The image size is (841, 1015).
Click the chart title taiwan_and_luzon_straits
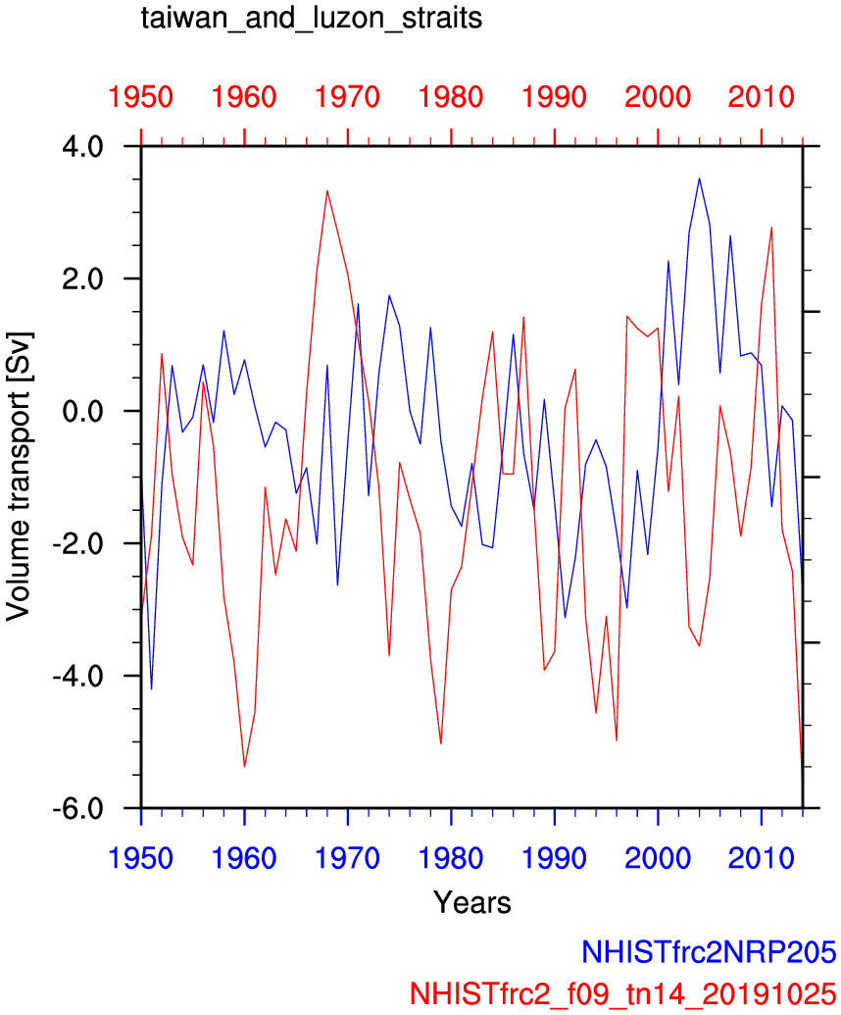tap(312, 19)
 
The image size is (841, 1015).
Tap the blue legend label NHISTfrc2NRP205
tap(709, 951)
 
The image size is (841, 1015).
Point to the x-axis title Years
tap(471, 901)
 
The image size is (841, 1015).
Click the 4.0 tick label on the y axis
tap(90, 147)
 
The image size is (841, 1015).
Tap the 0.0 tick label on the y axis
tap(90, 412)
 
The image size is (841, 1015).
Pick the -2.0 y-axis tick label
tap(86, 544)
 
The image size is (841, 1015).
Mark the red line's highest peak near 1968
tap(327, 190)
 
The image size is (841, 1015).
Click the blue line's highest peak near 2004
tap(699, 178)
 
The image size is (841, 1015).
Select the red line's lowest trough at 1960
tap(244, 767)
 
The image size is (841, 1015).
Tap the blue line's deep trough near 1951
tap(151, 689)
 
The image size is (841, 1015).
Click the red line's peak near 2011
tap(771, 228)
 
